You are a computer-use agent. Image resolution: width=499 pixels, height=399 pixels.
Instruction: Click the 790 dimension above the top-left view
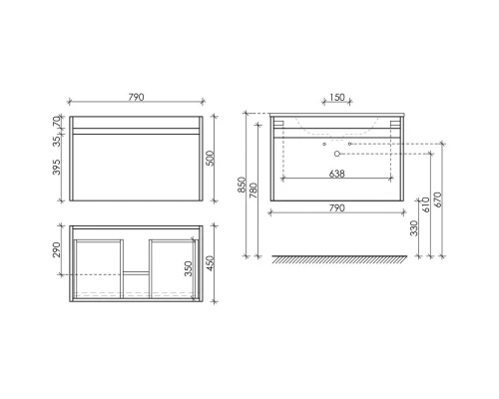coord(138,97)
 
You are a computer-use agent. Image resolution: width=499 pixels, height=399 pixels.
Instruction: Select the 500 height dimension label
coord(213,161)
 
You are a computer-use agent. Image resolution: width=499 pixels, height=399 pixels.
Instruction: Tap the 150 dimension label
coord(336,97)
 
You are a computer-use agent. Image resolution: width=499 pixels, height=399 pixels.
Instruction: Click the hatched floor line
coord(336,261)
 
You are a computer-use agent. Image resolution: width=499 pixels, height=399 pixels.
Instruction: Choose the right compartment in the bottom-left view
coord(171,264)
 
